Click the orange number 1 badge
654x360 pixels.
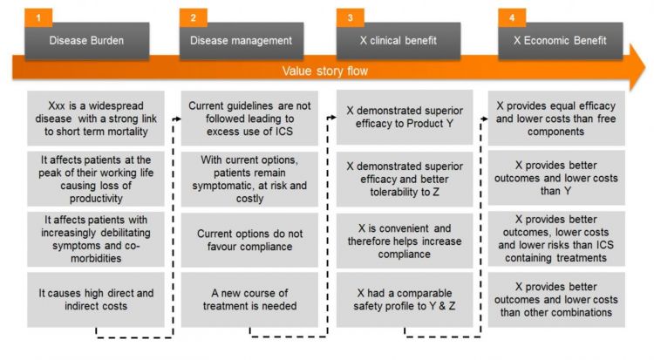(38, 17)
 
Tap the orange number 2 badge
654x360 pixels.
(193, 17)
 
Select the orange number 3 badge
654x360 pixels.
(350, 17)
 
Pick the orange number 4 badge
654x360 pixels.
(512, 17)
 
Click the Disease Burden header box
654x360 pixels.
(86, 41)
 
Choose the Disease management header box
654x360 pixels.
(242, 41)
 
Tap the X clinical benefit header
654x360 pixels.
(399, 41)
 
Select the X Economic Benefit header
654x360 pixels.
(560, 41)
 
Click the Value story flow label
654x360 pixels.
(325, 71)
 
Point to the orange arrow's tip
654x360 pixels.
(645, 67)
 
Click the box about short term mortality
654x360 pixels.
(96, 119)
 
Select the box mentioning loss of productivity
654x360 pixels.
(96, 179)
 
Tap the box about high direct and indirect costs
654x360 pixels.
(96, 300)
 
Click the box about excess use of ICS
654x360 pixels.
(249, 119)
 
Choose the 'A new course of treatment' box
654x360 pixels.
(249, 300)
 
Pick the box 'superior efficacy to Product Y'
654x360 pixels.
(405, 117)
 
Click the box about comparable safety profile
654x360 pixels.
(405, 300)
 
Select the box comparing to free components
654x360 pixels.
(556, 119)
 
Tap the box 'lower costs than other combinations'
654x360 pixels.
(556, 300)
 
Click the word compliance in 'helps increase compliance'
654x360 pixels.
(404, 254)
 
